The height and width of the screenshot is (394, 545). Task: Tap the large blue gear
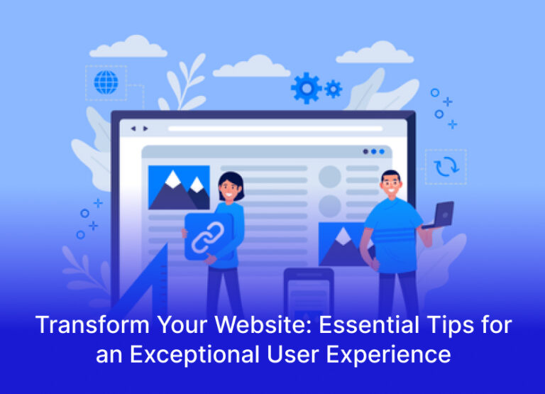(x=306, y=88)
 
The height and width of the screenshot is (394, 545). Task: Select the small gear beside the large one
(x=333, y=88)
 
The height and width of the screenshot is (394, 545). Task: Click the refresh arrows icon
(x=446, y=166)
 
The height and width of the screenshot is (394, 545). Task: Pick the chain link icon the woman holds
(x=209, y=236)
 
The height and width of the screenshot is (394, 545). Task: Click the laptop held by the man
(x=441, y=214)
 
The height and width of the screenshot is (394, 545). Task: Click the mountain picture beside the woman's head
(x=179, y=187)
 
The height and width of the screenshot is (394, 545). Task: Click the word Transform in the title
(x=79, y=326)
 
